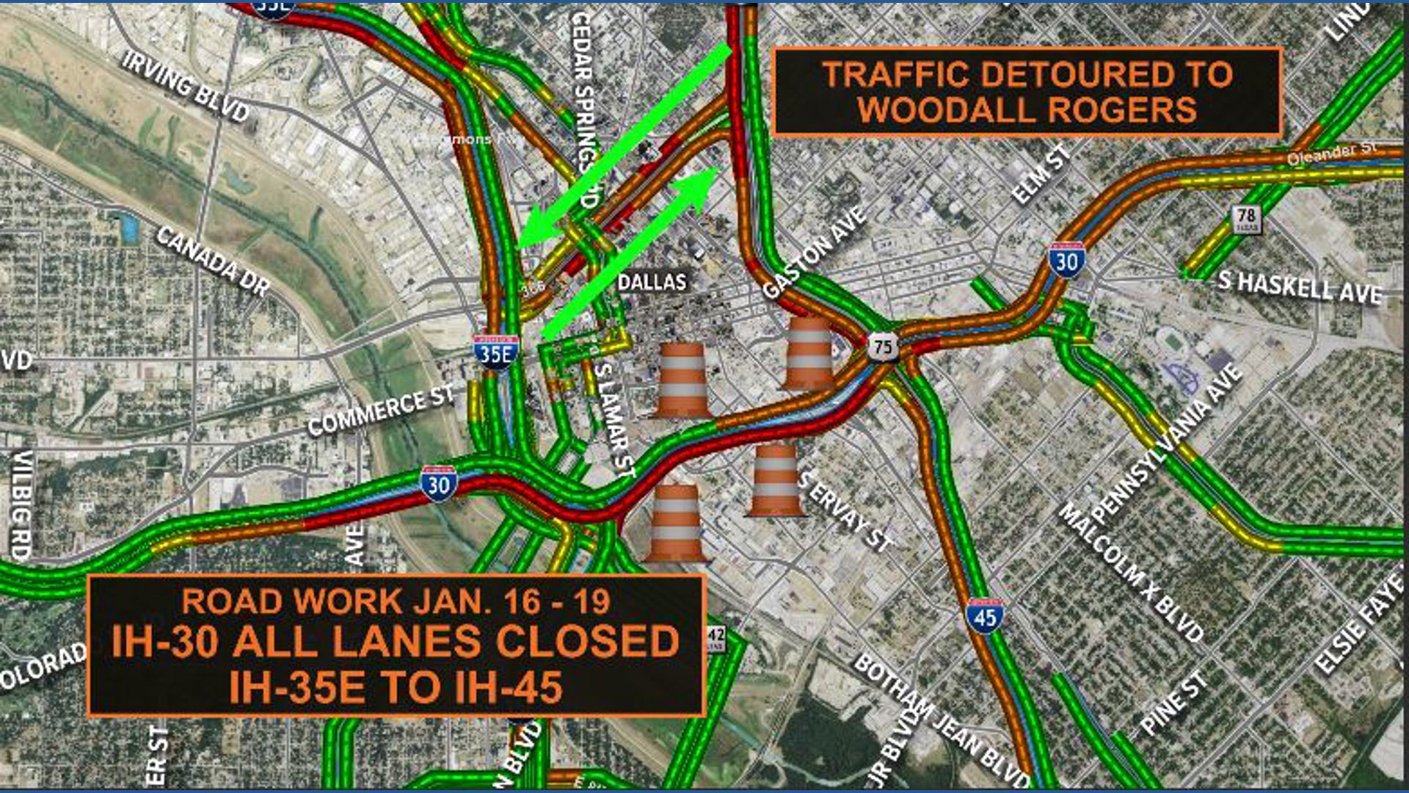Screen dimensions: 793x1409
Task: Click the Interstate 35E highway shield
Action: [496, 352]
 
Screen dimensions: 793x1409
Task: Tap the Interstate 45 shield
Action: [985, 615]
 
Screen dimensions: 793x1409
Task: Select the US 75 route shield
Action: [883, 347]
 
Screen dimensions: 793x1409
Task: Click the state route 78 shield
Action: [1246, 218]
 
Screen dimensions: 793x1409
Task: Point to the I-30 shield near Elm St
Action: [1066, 260]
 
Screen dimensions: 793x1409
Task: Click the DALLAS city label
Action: [652, 282]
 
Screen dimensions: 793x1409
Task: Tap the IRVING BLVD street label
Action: [186, 86]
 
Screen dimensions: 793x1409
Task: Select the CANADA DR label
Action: [213, 261]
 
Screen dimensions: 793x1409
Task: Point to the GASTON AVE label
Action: [815, 253]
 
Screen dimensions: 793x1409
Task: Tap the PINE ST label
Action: [1173, 703]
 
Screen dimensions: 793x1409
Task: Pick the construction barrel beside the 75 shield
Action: [808, 352]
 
